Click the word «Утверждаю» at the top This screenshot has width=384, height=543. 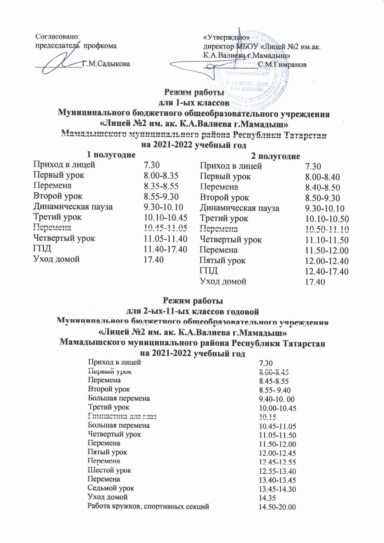pos(225,37)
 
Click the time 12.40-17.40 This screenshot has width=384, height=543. pos(325,271)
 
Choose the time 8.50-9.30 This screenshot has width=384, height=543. pos(322,198)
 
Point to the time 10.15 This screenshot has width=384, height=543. pos(265,417)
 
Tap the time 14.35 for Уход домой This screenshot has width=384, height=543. pos(266,498)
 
